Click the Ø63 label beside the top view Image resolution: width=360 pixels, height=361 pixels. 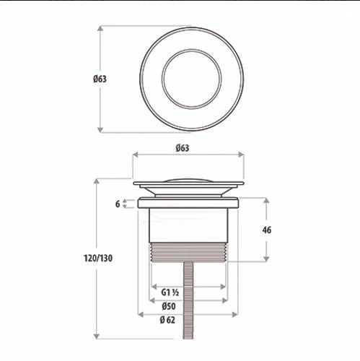pyautogui.click(x=100, y=79)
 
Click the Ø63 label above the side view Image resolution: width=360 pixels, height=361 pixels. pyautogui.click(x=183, y=148)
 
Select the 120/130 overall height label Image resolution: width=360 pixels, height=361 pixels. pyautogui.click(x=98, y=258)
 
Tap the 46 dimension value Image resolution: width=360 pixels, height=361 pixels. pyautogui.click(x=267, y=230)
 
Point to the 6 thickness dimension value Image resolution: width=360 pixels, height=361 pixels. pyautogui.click(x=118, y=204)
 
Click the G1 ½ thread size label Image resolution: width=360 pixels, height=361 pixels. pyautogui.click(x=170, y=292)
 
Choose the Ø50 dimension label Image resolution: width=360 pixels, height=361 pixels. pyautogui.click(x=169, y=306)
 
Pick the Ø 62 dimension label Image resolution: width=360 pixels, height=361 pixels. pyautogui.click(x=167, y=320)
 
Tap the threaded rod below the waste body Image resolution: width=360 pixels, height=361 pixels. pyautogui.click(x=188, y=300)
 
